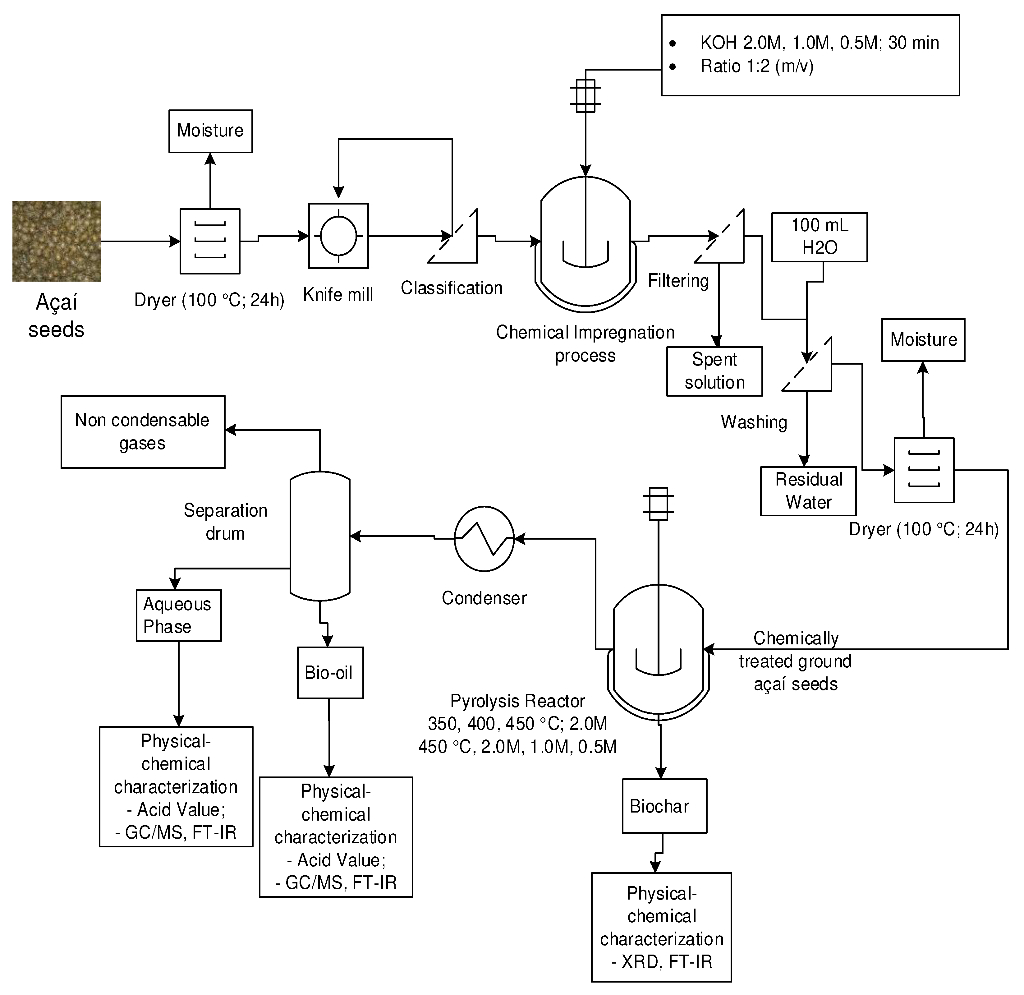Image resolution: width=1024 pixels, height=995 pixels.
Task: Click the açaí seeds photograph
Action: click(57, 241)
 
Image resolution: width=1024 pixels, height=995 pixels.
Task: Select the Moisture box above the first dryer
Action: click(210, 131)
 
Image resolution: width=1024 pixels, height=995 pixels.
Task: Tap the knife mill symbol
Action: click(338, 236)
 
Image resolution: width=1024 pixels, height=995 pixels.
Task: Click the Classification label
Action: click(451, 288)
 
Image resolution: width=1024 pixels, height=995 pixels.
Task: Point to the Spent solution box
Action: click(714, 371)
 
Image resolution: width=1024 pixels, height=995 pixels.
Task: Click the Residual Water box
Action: click(808, 491)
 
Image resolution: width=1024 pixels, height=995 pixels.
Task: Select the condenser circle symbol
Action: click(484, 538)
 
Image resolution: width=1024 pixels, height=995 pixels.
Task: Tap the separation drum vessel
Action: click(320, 535)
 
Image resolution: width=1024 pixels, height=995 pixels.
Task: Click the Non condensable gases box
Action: click(143, 432)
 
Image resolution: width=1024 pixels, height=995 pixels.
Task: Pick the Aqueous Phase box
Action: click(178, 615)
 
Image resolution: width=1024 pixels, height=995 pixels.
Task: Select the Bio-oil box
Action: click(330, 673)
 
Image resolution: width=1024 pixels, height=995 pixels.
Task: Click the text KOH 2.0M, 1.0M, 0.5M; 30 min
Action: click(819, 43)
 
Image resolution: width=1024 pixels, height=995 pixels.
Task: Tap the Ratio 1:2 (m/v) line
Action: click(756, 67)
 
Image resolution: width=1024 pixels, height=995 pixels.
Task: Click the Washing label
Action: click(754, 422)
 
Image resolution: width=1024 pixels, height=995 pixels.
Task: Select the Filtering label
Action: click(678, 281)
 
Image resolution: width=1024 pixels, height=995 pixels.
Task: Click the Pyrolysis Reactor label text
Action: click(517, 701)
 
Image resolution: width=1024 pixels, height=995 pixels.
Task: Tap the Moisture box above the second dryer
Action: click(923, 340)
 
